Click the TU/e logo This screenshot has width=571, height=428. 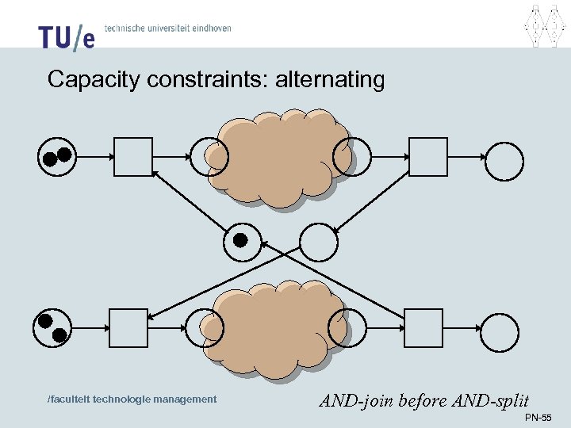click(x=66, y=36)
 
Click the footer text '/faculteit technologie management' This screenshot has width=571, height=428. click(x=132, y=399)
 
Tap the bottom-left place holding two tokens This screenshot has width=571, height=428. click(x=52, y=327)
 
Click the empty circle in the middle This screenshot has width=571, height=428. click(x=319, y=242)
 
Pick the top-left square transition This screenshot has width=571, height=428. click(x=132, y=156)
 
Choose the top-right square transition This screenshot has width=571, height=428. click(x=427, y=156)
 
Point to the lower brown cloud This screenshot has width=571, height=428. click(x=275, y=326)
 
